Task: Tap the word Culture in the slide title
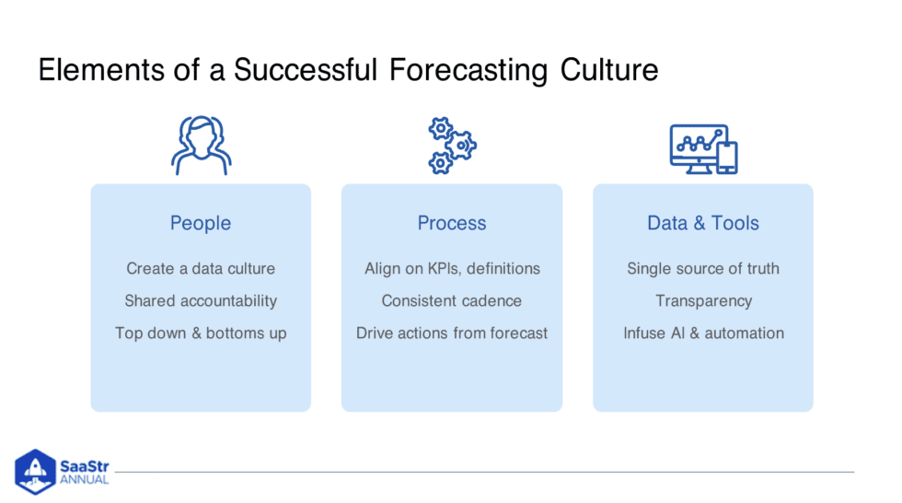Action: (x=609, y=71)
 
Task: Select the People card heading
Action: (x=201, y=223)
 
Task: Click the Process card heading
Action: (x=451, y=223)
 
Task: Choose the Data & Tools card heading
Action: (x=703, y=223)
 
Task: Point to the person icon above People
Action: (x=201, y=146)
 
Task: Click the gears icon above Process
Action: (x=451, y=146)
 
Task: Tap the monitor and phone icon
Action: (x=703, y=148)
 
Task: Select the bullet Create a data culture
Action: (x=201, y=269)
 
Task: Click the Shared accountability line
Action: (x=201, y=301)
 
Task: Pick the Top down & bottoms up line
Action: (x=201, y=333)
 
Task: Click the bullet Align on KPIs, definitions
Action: (x=452, y=269)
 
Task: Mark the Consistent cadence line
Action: (x=452, y=301)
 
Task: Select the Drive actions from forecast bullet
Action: (x=452, y=333)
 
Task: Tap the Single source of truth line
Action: (x=703, y=269)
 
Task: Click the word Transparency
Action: (x=703, y=301)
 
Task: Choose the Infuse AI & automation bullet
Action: (x=703, y=333)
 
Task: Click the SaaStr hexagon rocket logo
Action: (x=35, y=470)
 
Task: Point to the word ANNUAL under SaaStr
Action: (x=85, y=480)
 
